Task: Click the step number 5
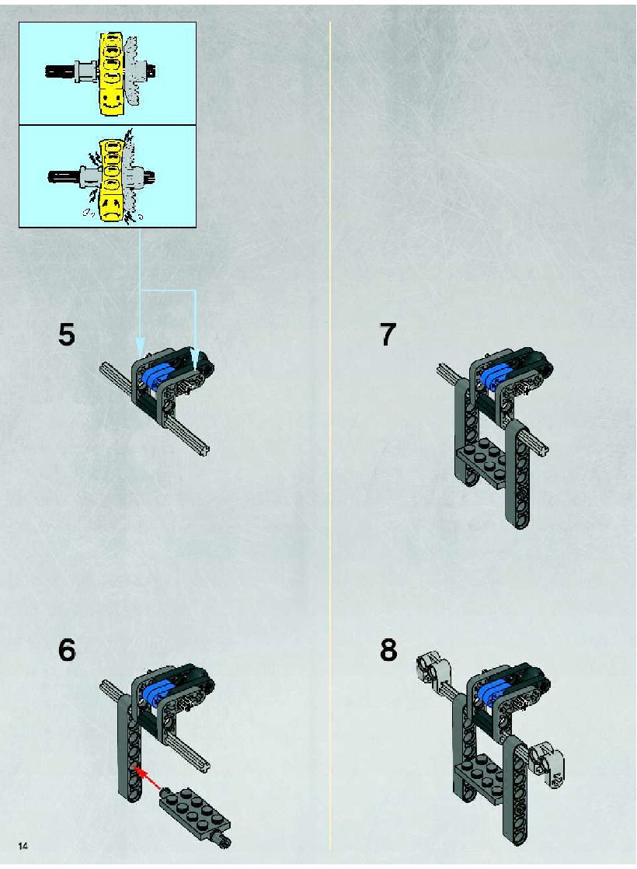(x=67, y=335)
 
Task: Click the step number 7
(x=388, y=335)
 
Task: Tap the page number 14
(x=23, y=846)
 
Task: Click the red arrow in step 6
(x=147, y=777)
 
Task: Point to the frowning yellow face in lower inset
(x=112, y=206)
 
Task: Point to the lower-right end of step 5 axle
(x=206, y=450)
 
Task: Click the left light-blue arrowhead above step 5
(x=140, y=346)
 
